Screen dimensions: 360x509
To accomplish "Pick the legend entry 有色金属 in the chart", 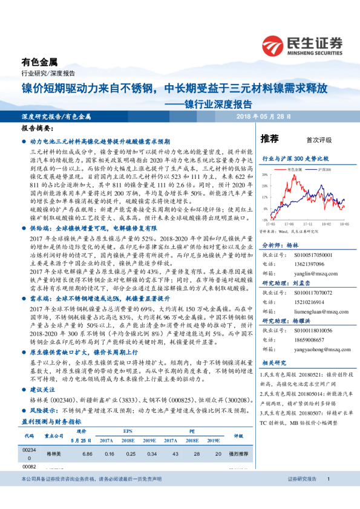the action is click(295, 171).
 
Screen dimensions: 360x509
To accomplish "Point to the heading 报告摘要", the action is click(37, 129).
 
